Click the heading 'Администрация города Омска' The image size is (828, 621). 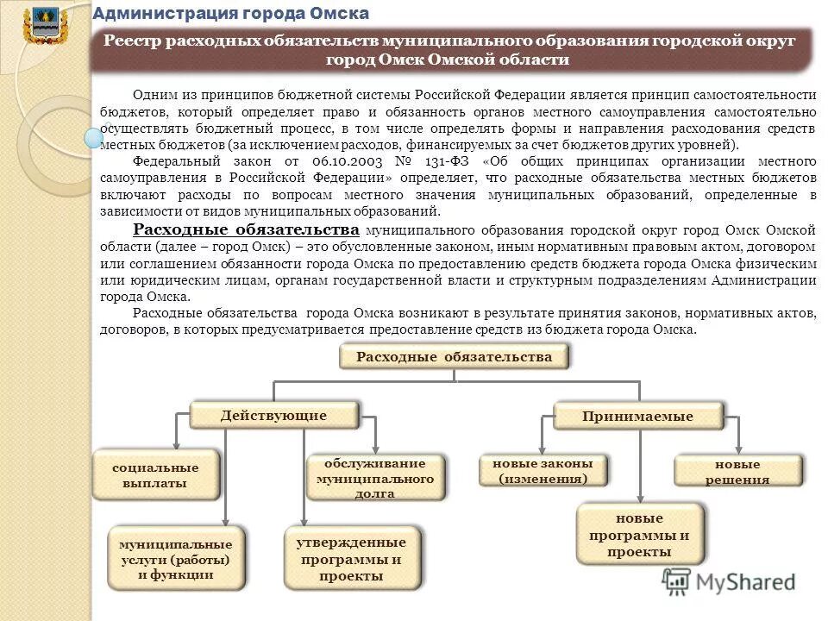230,13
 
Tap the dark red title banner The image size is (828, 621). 453,50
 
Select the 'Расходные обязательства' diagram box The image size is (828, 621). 455,356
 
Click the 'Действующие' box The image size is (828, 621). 273,416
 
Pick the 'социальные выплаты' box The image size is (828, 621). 155,475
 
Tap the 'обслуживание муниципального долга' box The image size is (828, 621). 375,478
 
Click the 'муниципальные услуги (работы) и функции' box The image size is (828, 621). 175,559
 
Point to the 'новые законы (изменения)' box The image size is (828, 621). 543,471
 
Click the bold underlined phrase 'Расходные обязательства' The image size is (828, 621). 247,230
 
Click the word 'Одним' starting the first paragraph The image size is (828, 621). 152,94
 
